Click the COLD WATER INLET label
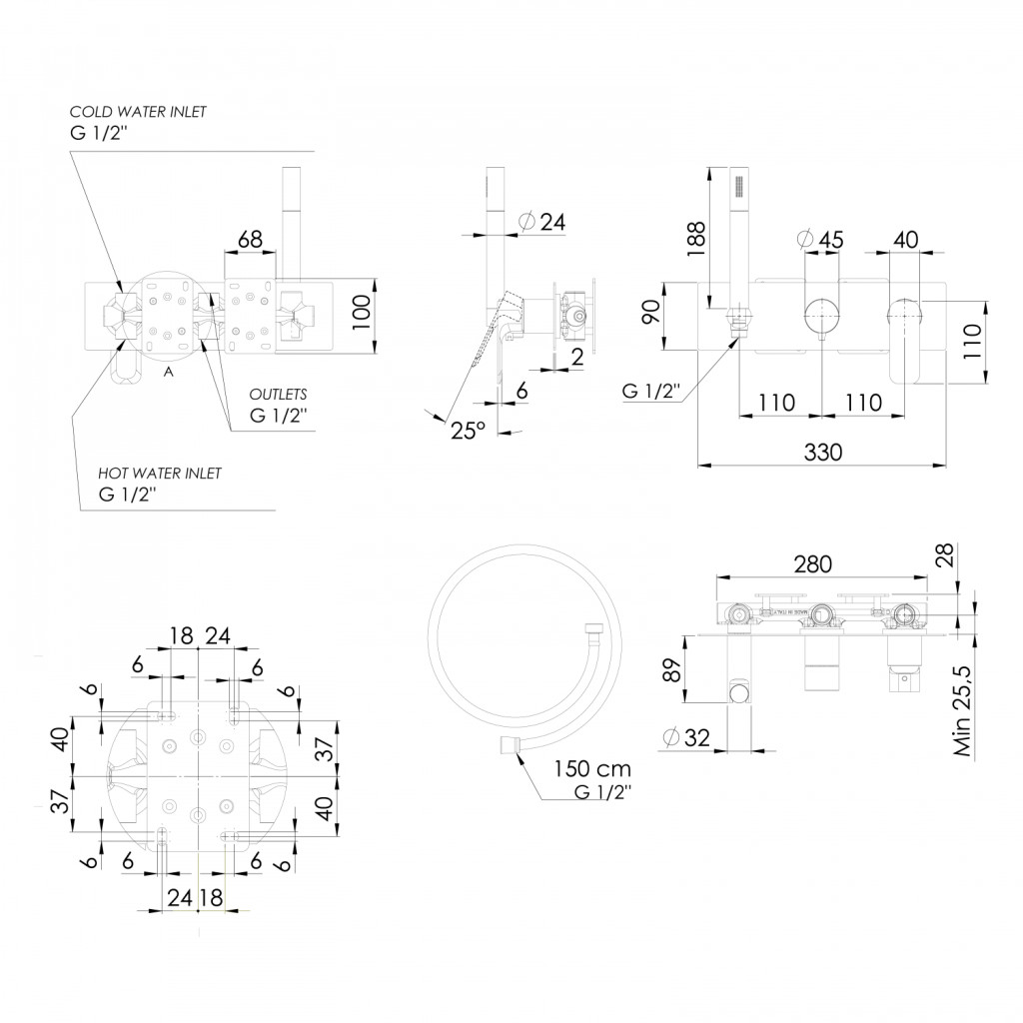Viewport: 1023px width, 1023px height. click(138, 112)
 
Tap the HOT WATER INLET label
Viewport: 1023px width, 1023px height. click(160, 473)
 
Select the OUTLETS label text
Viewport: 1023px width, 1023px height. click(278, 394)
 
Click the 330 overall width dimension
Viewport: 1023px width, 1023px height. click(823, 453)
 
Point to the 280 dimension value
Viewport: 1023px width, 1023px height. click(812, 563)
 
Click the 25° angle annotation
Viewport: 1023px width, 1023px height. click(468, 431)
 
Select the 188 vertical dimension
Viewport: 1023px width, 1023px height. click(696, 239)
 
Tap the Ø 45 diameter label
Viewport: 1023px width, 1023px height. click(821, 240)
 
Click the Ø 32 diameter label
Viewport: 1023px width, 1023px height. click(685, 737)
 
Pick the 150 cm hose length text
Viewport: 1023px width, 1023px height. click(592, 768)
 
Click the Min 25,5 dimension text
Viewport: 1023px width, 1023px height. click(963, 711)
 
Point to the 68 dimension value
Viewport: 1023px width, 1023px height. click(250, 240)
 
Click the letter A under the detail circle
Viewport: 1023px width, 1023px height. click(169, 372)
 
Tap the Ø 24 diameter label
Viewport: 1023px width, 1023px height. click(542, 222)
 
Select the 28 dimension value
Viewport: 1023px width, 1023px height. click(944, 555)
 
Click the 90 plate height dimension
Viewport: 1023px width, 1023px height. click(651, 312)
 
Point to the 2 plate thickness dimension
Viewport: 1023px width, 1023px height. click(576, 357)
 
